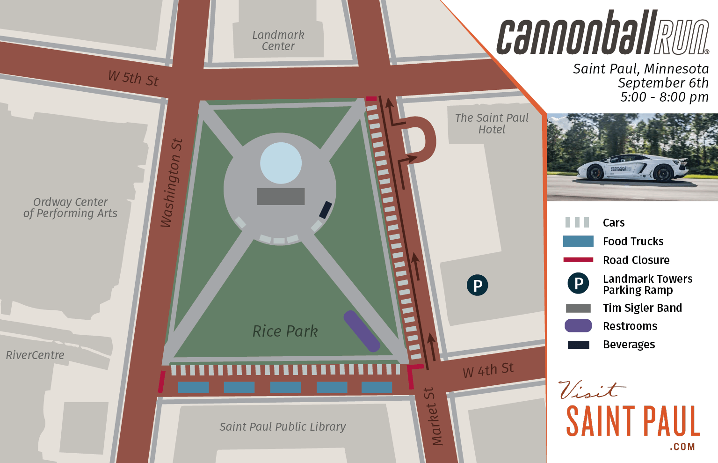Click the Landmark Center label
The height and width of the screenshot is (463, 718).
(278, 41)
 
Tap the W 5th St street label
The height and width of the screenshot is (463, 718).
(133, 78)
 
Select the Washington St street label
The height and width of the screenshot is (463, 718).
(171, 183)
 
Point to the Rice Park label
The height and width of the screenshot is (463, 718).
(285, 331)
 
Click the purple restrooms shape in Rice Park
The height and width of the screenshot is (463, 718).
(362, 331)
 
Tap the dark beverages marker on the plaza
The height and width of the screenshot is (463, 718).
(326, 210)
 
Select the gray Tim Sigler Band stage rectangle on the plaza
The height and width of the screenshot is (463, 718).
(281, 197)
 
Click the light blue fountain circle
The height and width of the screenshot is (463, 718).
(281, 163)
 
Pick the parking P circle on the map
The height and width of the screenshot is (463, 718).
(477, 285)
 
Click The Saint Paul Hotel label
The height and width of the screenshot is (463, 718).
(492, 124)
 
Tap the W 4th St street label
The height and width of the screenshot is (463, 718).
(488, 370)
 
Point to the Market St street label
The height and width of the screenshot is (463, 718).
(435, 416)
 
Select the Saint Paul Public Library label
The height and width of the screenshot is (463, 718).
(283, 426)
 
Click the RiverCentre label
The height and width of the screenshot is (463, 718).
(35, 355)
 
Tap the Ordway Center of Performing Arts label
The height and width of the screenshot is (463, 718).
(70, 208)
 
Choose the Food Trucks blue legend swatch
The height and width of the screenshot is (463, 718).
(578, 241)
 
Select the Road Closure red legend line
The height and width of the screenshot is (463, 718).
(578, 260)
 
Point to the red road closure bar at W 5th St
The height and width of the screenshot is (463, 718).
(371, 99)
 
